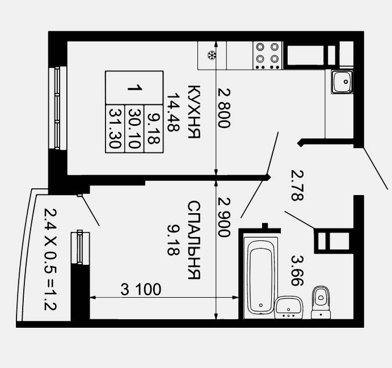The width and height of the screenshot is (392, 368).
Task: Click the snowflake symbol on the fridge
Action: (x=212, y=55)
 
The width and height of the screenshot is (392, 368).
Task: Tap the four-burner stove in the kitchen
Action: (x=267, y=56)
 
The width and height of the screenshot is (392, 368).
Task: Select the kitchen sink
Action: (x=342, y=82)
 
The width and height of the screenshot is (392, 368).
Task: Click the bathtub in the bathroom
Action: (x=261, y=274)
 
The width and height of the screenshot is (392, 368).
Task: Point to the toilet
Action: (x=321, y=303)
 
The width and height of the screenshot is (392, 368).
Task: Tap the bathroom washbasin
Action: (x=289, y=307)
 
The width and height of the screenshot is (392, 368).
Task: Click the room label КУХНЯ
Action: (x=194, y=112)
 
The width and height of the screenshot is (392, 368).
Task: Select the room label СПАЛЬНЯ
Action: (x=194, y=240)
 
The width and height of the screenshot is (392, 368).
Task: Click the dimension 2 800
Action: (x=224, y=108)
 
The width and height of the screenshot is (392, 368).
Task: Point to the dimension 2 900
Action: (x=224, y=217)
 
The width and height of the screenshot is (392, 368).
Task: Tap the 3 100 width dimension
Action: (x=141, y=289)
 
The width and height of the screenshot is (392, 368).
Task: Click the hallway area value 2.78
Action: (x=297, y=185)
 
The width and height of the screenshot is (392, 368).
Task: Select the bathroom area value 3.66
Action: (x=297, y=270)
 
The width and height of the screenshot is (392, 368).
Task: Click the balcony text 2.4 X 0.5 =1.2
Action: (x=50, y=259)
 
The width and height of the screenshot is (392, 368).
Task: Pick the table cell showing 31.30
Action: (x=115, y=128)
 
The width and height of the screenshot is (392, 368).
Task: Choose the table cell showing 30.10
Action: (x=134, y=128)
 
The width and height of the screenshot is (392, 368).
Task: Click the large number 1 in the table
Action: (x=135, y=88)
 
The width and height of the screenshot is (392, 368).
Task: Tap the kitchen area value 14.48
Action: (x=173, y=112)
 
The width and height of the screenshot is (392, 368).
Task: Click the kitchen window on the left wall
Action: (x=58, y=108)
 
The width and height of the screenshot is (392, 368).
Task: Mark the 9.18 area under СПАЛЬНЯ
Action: (x=173, y=240)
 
